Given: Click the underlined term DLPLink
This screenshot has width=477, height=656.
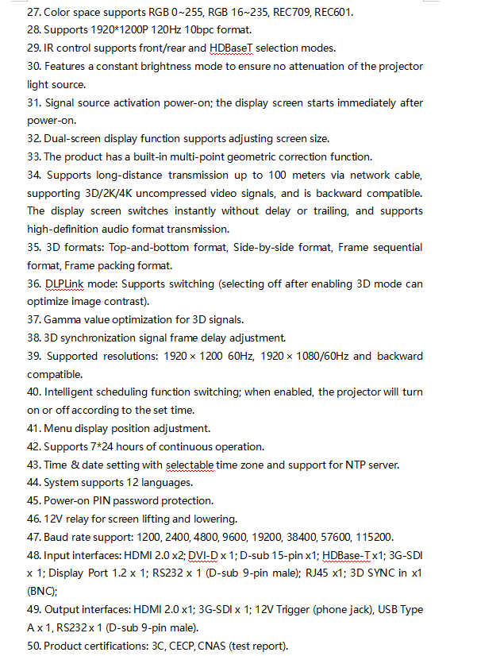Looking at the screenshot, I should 64,284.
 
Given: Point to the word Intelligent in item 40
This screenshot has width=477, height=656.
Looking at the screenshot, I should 74,392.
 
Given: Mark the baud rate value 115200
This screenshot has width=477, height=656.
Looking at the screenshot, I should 385,537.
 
